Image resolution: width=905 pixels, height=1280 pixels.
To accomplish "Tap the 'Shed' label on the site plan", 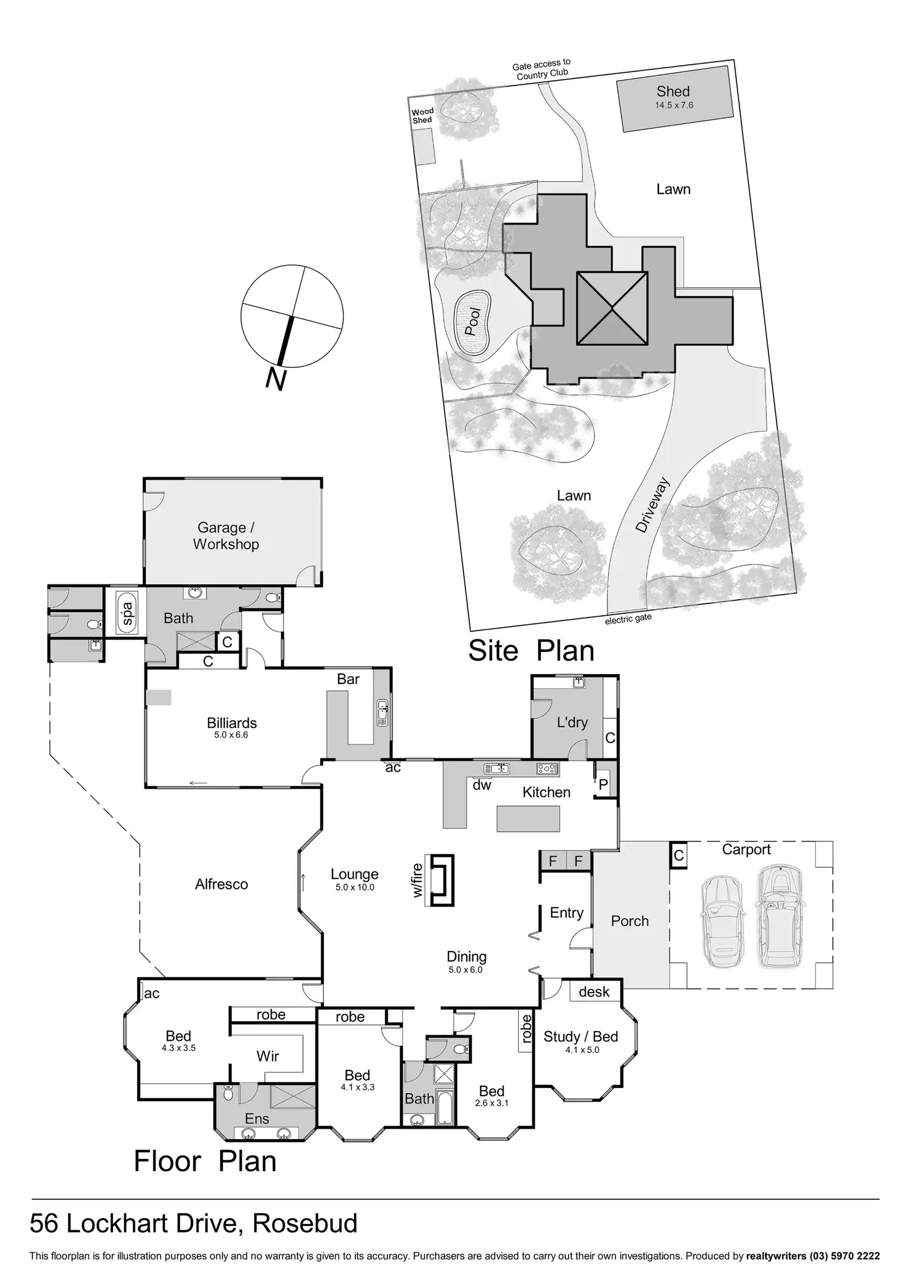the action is coord(673,92).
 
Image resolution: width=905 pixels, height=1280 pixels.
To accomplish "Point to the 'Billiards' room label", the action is coord(232,723).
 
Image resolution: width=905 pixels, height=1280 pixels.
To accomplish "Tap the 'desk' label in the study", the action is coord(594,992).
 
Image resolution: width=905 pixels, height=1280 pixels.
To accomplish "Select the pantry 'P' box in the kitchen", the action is coord(603,785).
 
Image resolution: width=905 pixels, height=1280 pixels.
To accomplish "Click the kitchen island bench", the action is coord(529,818).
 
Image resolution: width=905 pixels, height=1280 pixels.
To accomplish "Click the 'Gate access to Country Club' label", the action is coord(542,70).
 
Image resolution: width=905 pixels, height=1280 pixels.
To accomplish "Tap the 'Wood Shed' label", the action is coord(422,116).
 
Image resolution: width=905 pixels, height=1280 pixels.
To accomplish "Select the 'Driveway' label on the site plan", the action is coord(652,506).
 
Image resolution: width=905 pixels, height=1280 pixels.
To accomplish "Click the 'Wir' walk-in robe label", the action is coord(267,1056).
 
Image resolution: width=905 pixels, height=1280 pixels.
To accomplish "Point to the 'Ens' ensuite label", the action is coord(257,1118).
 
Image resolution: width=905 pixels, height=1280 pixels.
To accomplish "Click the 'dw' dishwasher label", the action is coord(482,785).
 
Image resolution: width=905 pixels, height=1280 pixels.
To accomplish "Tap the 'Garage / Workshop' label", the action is coord(226,536).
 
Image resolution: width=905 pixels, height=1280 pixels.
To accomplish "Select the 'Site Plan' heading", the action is coord(531,651).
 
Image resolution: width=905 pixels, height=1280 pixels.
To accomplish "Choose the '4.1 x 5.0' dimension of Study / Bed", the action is coord(582,1049).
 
